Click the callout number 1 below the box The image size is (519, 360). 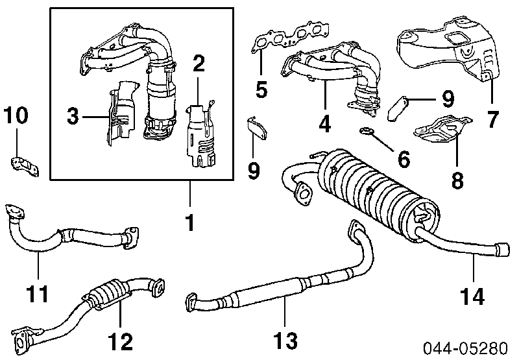[190, 222]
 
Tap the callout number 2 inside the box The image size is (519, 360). [199, 64]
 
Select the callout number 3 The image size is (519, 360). [74, 117]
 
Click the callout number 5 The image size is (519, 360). [261, 89]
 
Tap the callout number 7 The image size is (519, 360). [493, 119]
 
